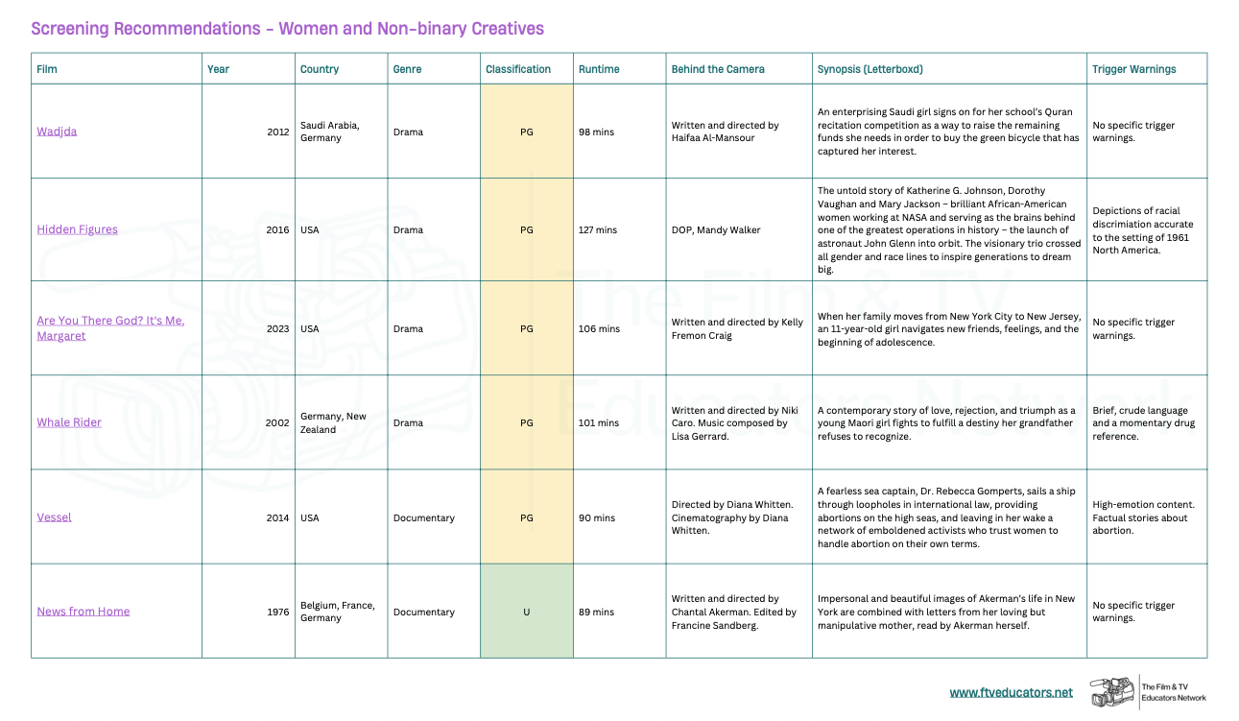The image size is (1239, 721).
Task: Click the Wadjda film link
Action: point(57,132)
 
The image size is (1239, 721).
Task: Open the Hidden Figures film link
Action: point(77,229)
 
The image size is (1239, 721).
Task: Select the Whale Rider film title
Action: point(69,422)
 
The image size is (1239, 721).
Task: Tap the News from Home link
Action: point(83,612)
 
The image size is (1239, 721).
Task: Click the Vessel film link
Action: point(55,517)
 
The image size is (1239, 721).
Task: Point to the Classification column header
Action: point(518,69)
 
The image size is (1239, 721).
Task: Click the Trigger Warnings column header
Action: point(1133,69)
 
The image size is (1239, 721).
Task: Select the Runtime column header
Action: point(599,69)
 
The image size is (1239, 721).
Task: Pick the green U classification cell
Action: point(526,612)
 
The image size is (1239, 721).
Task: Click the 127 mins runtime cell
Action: point(598,230)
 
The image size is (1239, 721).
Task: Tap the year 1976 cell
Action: point(277,612)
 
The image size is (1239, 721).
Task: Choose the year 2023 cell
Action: point(277,328)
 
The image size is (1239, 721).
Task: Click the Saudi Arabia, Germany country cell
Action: point(329,132)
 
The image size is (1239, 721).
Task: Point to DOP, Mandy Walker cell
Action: point(715,230)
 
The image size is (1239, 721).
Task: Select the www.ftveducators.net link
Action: point(1012,692)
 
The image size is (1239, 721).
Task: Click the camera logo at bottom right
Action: point(1111,692)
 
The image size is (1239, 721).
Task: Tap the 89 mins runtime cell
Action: point(597,612)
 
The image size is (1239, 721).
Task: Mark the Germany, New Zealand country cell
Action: point(333,422)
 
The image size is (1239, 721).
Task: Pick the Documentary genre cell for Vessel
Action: point(423,517)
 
